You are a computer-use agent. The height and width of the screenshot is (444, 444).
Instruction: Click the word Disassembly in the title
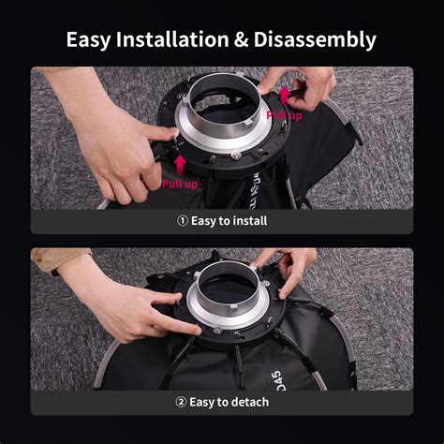pos(314,39)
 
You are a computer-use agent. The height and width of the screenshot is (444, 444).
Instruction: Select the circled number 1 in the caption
pos(182,221)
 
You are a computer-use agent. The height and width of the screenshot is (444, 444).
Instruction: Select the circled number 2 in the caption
pos(180,402)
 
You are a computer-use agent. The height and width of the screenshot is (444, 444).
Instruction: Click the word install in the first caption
pos(248,221)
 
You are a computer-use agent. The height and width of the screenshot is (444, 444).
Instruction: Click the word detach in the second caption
pos(248,402)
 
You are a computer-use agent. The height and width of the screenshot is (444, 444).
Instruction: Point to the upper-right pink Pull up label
pos(283,114)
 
